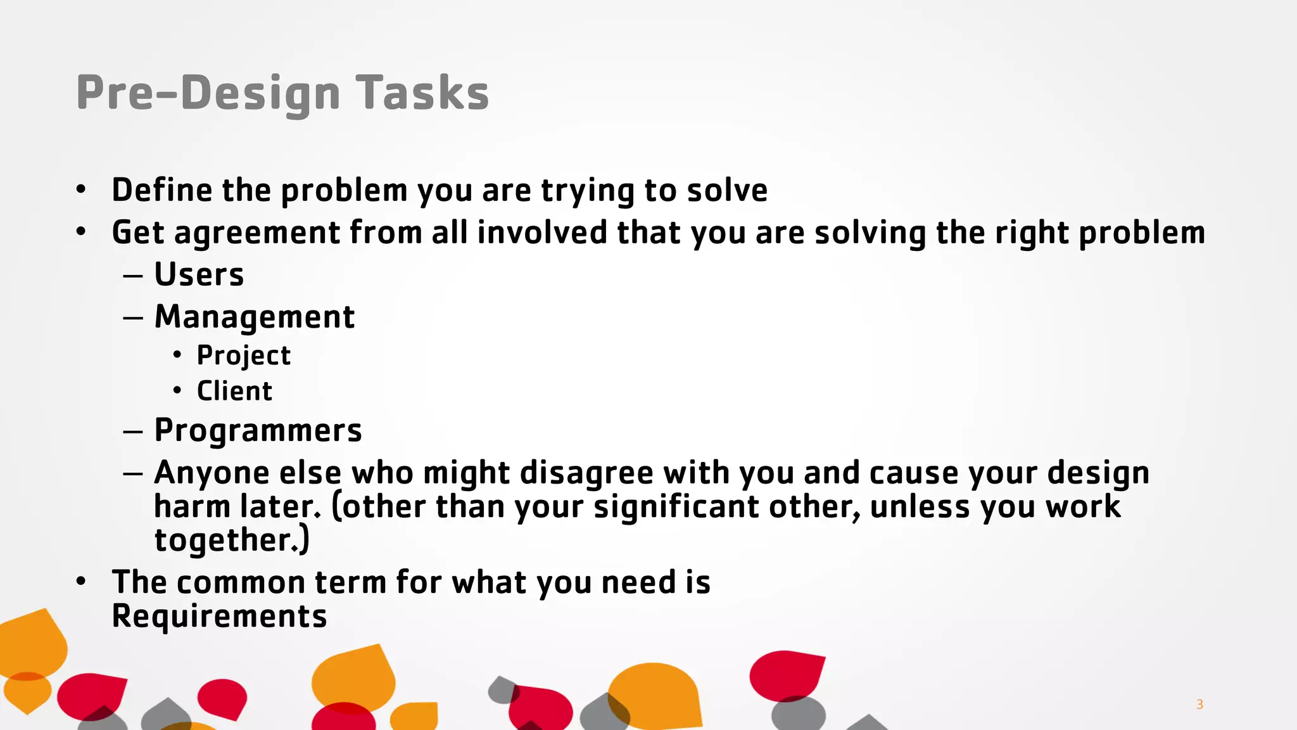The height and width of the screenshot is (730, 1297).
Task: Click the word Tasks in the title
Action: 422,93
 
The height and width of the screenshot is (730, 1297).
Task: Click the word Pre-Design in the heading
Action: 208,93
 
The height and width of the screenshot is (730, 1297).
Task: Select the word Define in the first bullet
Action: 161,190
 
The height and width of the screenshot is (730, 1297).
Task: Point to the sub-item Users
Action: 199,275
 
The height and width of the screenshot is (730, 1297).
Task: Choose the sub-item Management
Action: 254,317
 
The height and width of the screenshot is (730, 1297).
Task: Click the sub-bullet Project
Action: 243,355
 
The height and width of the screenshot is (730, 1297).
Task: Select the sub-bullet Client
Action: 234,391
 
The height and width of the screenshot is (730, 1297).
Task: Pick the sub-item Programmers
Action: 258,431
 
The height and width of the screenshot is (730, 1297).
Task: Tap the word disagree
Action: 586,473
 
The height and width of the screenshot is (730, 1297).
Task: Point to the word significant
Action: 676,507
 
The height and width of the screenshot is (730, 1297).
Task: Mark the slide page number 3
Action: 1199,704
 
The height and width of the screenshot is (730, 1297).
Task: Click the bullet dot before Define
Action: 80,189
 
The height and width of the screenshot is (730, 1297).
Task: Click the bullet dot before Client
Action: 177,390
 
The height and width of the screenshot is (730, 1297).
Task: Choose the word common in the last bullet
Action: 241,582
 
